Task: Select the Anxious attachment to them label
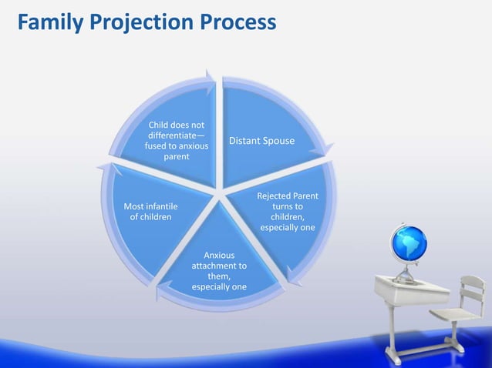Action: coord(219,271)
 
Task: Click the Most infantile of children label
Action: coord(150,212)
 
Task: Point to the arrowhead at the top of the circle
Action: coord(210,75)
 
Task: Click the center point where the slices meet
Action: coord(221,192)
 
